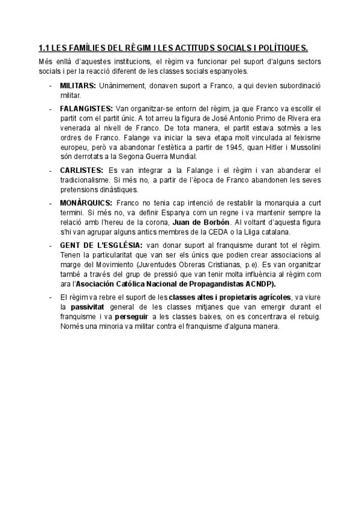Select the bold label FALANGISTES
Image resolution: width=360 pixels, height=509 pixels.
tap(86, 109)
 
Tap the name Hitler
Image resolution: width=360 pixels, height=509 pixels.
tap(283, 147)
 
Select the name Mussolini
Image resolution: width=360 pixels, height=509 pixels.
tap(317, 147)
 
